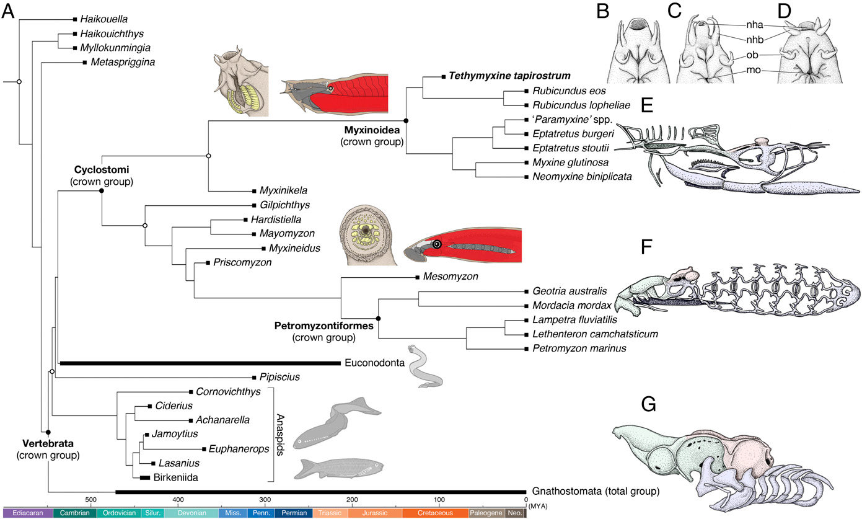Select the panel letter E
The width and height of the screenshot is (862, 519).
(x=648, y=106)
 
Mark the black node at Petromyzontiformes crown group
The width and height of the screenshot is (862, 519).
(x=379, y=318)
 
